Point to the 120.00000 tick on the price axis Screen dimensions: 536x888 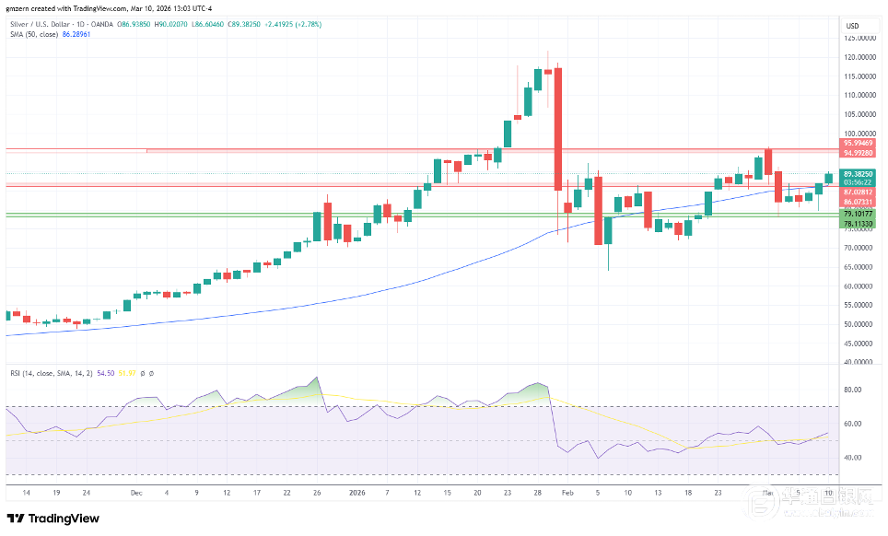pos(859,57)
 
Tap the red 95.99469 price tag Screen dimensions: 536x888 pos(859,143)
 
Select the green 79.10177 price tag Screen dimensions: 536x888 pos(859,214)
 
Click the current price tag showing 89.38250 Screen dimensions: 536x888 pos(859,173)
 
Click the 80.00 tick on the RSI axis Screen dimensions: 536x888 pos(852,390)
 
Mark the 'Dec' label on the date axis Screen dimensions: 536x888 pos(135,493)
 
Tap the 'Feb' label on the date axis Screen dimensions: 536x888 pos(567,493)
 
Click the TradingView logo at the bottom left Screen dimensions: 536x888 pos(53,519)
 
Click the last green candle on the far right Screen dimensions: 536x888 pos(828,178)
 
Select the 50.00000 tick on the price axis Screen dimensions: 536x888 pos(859,324)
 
